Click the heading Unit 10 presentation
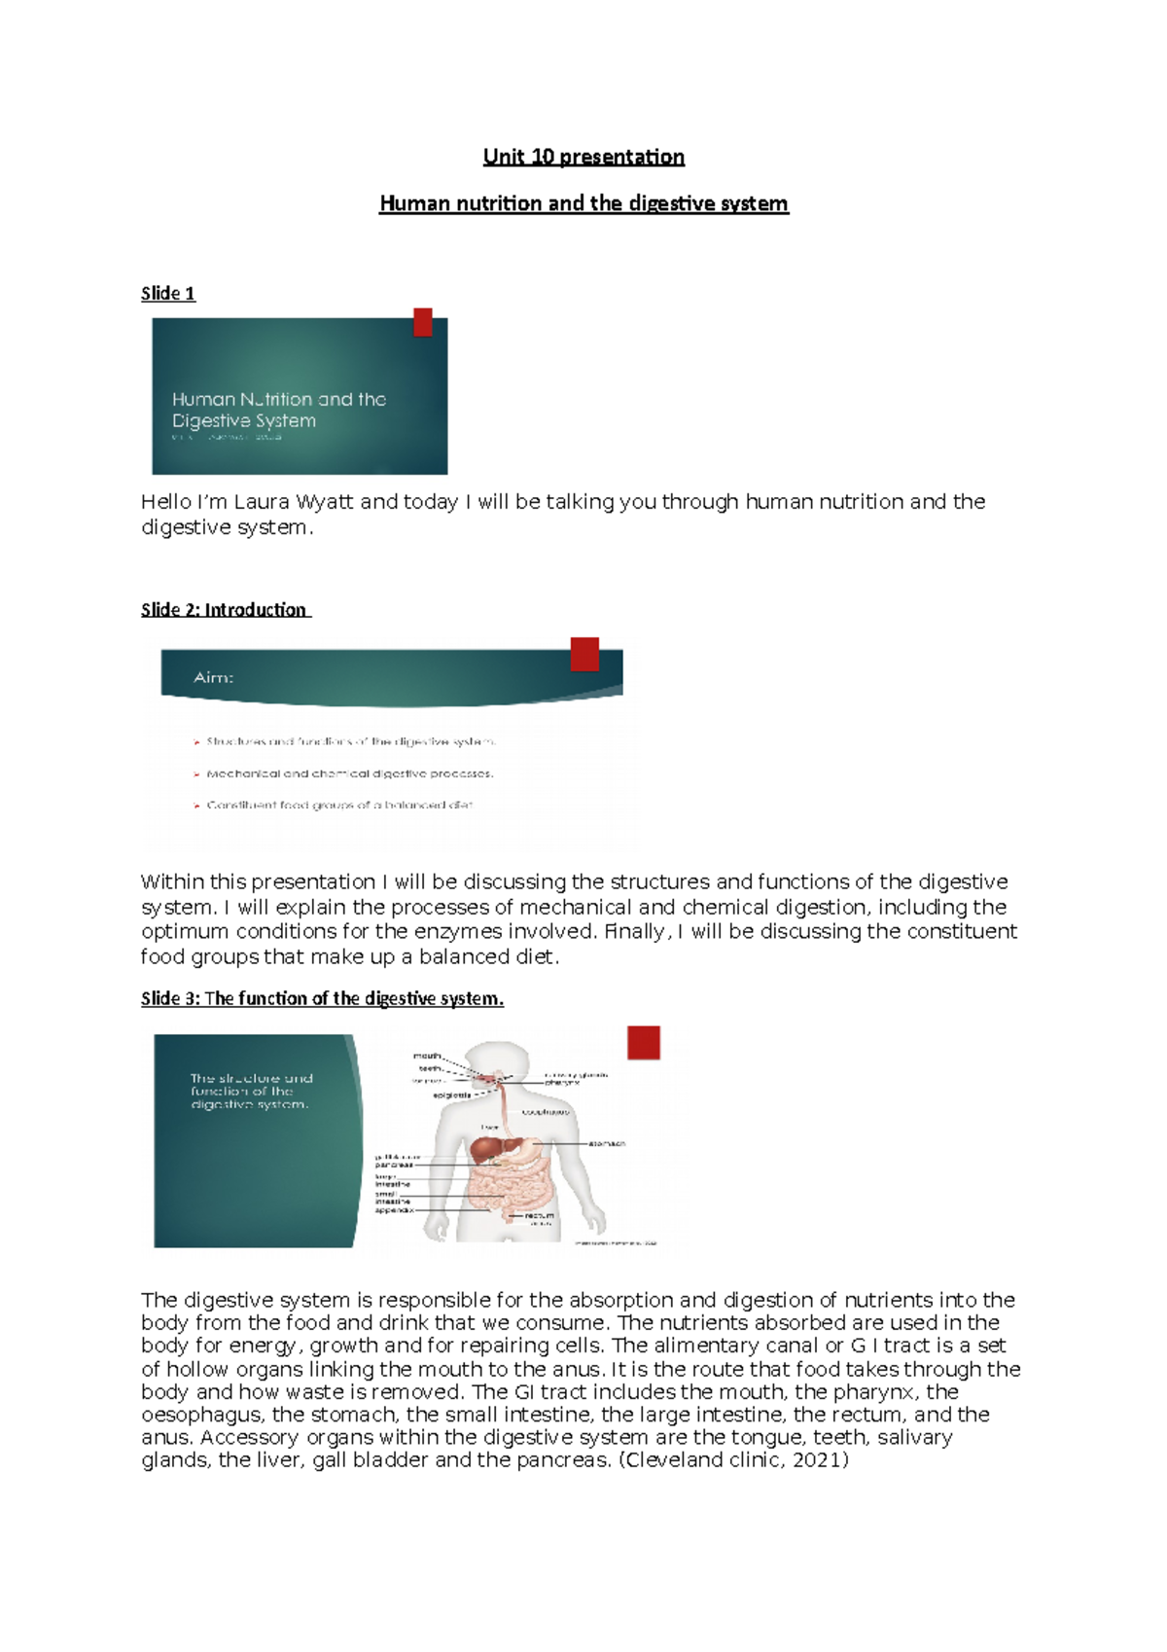(x=583, y=157)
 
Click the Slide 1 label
(x=168, y=293)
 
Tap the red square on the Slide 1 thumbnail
(x=422, y=322)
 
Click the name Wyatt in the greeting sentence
(x=326, y=502)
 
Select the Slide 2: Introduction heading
(x=225, y=610)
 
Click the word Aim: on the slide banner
(x=213, y=677)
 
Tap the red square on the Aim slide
(x=584, y=654)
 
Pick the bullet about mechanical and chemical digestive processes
(x=349, y=773)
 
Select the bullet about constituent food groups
(x=338, y=806)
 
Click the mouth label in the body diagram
(x=427, y=1056)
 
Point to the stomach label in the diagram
(x=607, y=1143)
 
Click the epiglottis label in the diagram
(x=452, y=1095)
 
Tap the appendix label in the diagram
(x=394, y=1210)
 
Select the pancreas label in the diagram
(x=394, y=1165)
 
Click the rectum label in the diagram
(x=539, y=1215)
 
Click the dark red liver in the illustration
(x=486, y=1149)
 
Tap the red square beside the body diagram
(x=644, y=1043)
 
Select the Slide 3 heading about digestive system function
(x=322, y=998)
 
